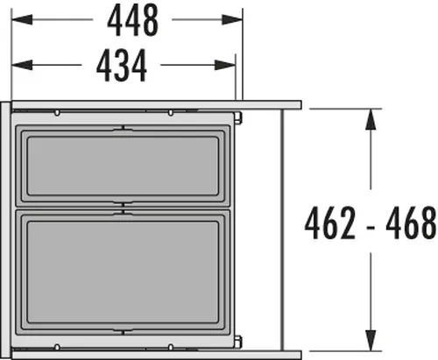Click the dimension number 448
click(133, 20)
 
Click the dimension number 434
click(122, 65)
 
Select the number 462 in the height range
click(330, 222)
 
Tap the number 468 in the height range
click(411, 222)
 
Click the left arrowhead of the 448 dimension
click(22, 19)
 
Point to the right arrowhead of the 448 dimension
click(232, 19)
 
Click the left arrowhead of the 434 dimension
click(22, 65)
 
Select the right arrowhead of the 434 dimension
click(225, 65)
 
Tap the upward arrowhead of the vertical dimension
click(371, 119)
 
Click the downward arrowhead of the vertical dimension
click(371, 341)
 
